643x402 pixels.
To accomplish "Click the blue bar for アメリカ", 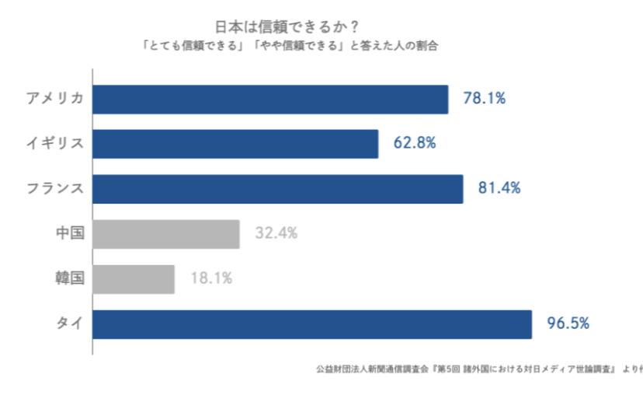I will (270, 100).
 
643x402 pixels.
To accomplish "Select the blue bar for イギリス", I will (235, 144).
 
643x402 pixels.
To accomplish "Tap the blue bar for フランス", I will (277, 189).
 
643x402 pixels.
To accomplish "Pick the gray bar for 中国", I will (165, 234).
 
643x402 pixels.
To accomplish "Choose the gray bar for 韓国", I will (134, 279).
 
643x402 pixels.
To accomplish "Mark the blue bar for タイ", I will (312, 324).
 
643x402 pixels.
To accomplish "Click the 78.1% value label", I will (485, 100).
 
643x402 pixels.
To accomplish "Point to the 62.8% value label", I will (415, 144).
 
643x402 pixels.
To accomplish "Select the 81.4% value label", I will (499, 189).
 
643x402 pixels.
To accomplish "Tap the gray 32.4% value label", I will (276, 234).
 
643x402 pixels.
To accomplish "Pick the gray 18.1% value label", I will (211, 279).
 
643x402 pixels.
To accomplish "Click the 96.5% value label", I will (568, 324).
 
